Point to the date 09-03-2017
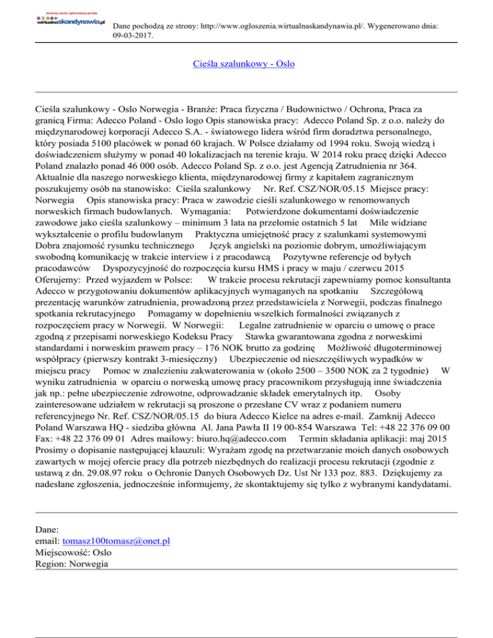(132, 37)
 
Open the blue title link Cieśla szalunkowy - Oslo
(244, 64)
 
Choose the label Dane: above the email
(48, 529)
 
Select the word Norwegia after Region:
(91, 564)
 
